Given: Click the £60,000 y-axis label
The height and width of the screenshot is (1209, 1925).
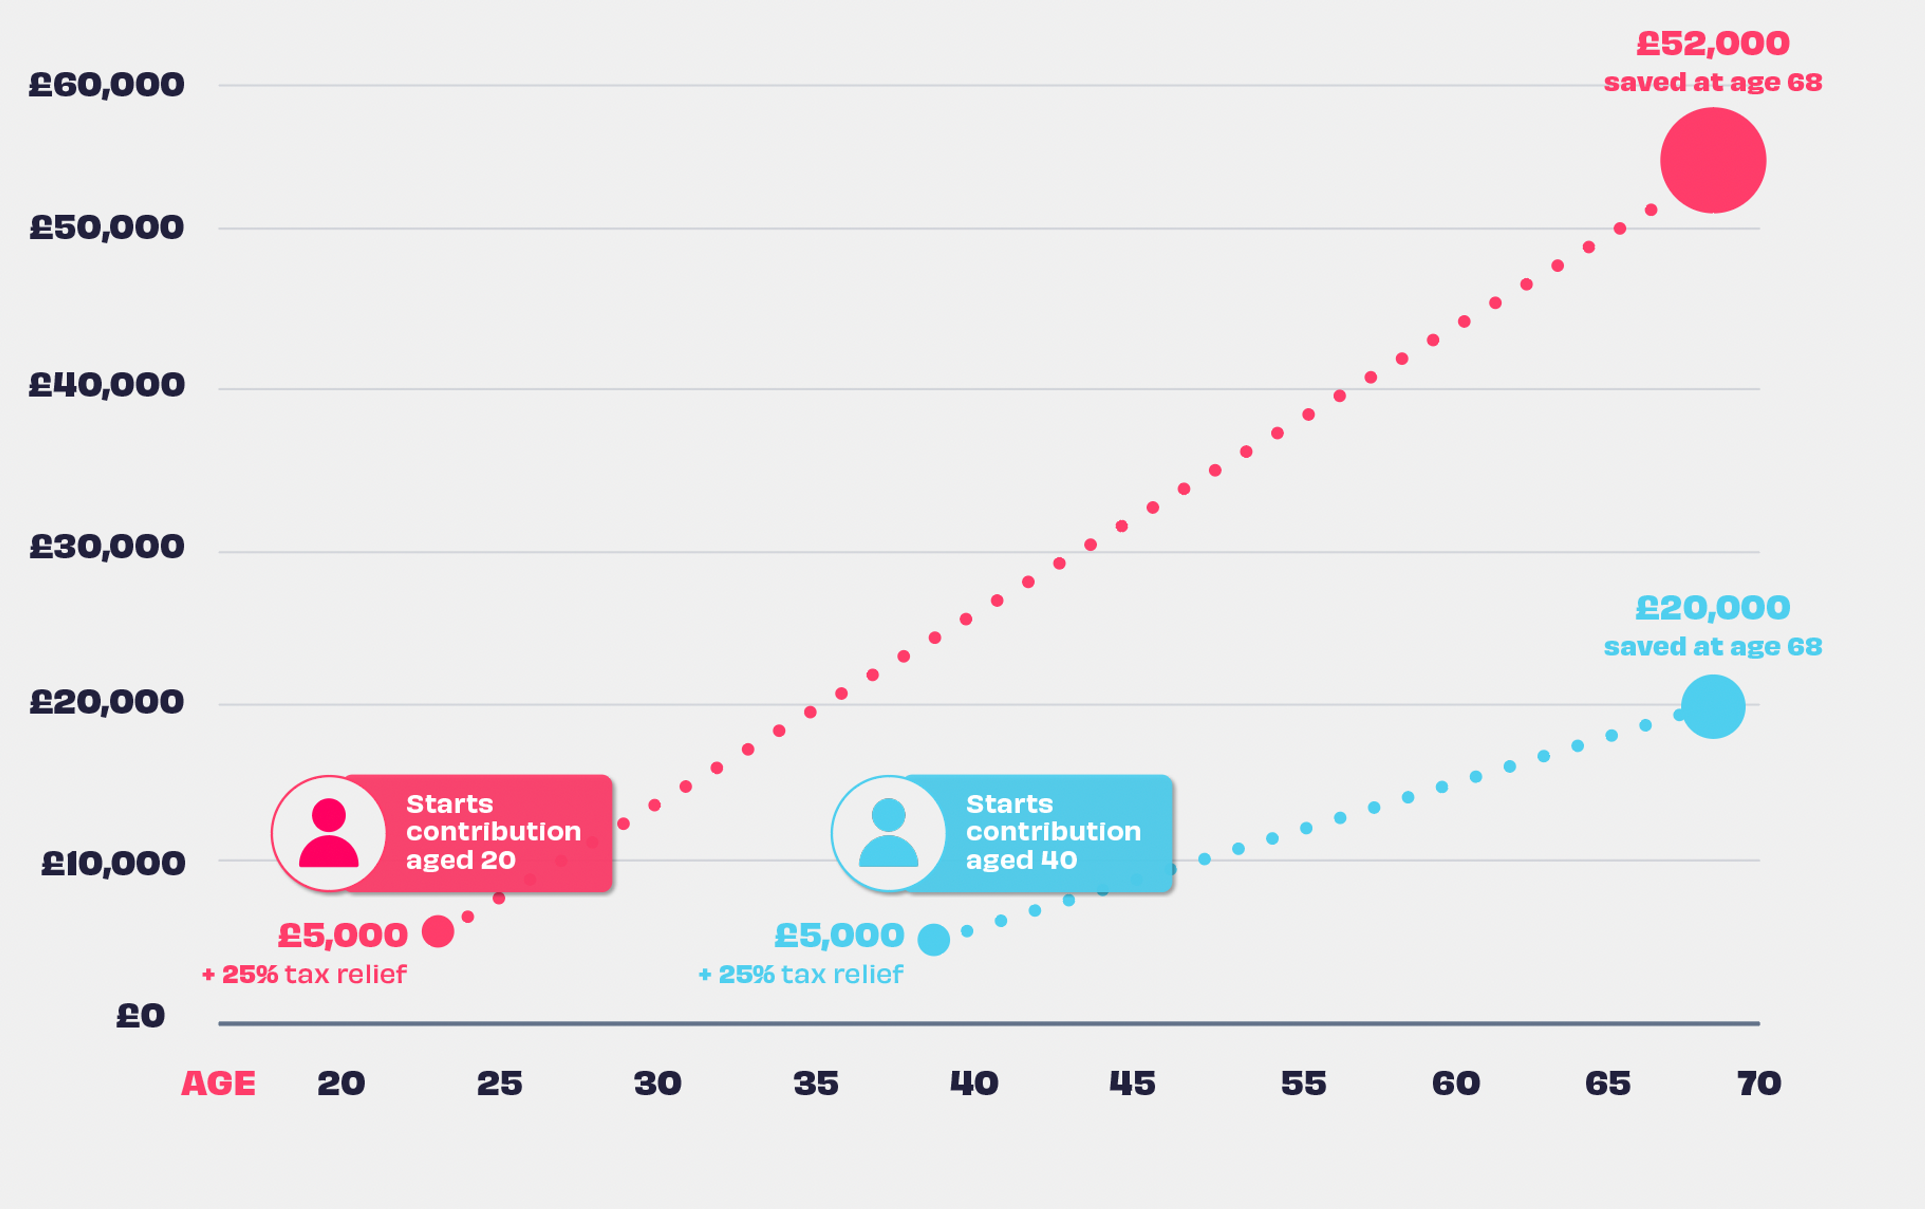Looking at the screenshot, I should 106,85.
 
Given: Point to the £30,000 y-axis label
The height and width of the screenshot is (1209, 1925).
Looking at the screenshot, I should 106,547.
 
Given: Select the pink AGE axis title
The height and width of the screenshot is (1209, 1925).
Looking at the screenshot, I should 218,1084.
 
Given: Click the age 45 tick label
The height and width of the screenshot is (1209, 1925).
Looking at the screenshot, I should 1132,1084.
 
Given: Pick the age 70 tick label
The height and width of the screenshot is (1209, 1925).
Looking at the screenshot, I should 1759,1084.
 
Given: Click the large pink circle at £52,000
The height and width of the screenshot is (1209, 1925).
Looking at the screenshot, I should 1712,161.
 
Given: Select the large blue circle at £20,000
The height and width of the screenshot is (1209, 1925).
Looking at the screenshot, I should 1712,707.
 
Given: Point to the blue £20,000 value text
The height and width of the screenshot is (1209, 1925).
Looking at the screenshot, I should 1712,608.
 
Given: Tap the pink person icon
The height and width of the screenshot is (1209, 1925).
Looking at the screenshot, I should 328,833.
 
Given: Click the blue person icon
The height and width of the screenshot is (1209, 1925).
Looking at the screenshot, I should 888,833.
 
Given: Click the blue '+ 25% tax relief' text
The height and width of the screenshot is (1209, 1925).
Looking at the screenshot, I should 801,975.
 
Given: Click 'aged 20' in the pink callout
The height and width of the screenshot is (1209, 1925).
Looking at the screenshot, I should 461,860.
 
